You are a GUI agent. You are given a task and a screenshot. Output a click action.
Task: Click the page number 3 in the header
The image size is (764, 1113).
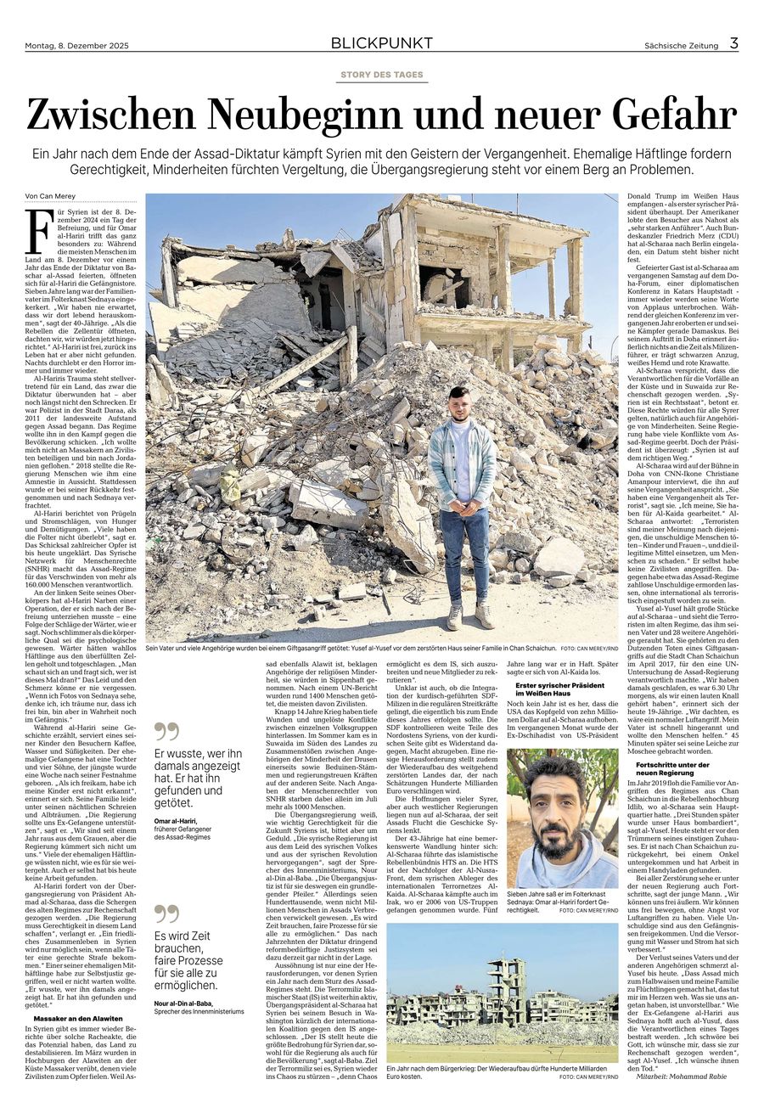(x=733, y=42)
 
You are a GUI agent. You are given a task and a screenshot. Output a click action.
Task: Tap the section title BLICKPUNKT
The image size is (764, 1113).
(x=381, y=43)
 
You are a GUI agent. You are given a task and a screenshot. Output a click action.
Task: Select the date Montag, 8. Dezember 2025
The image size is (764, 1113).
(x=81, y=46)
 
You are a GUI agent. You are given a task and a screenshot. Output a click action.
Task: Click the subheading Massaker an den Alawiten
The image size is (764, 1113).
(x=78, y=1018)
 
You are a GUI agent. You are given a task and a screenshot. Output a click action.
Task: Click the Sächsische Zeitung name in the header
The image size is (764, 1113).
(x=681, y=46)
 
